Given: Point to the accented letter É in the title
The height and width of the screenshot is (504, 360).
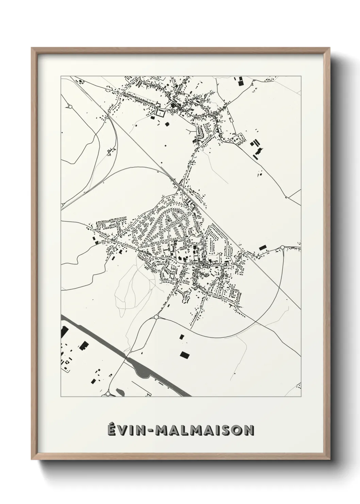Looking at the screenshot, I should pyautogui.click(x=112, y=430).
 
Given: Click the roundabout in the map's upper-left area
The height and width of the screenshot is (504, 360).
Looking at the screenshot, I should pyautogui.click(x=70, y=107).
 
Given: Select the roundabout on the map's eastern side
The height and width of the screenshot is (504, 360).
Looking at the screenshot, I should pyautogui.click(x=282, y=248).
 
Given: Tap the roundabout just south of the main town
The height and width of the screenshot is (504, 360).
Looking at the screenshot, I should pyautogui.click(x=156, y=317).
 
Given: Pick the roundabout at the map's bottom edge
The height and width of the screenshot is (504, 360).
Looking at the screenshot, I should pyautogui.click(x=108, y=394).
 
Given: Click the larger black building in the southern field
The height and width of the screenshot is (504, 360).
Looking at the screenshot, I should pyautogui.click(x=185, y=355).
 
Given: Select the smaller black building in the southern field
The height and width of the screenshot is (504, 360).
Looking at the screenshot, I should pyautogui.click(x=182, y=336).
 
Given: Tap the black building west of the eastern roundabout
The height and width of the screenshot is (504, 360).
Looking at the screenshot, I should pyautogui.click(x=262, y=248).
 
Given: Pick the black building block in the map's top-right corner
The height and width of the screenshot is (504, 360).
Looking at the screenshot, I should pyautogui.click(x=241, y=81).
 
